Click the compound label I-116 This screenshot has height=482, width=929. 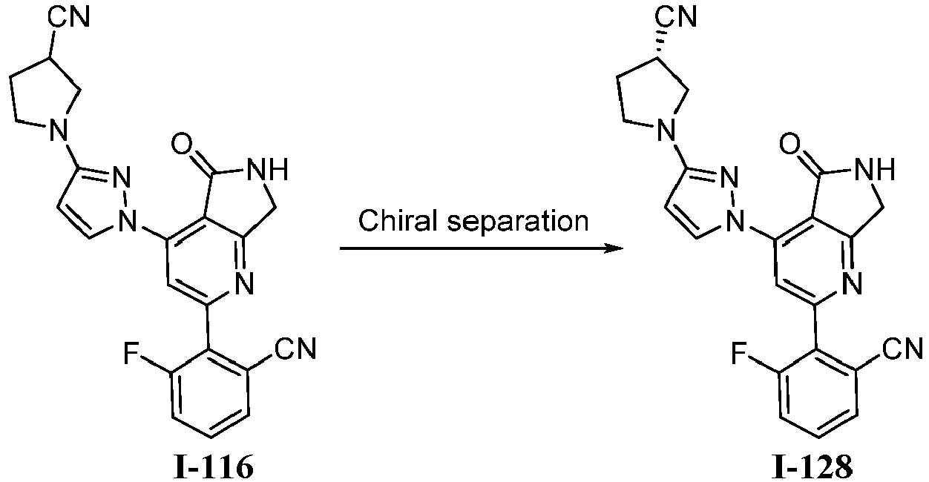tap(214, 468)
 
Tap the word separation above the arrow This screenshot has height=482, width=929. tap(518, 221)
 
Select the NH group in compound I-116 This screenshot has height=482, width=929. tap(268, 170)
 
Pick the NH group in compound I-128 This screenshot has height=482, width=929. tap(875, 170)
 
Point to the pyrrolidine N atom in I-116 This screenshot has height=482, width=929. tap(59, 130)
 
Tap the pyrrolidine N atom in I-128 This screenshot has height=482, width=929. tap(666, 130)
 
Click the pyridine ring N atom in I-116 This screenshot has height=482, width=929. tap(244, 284)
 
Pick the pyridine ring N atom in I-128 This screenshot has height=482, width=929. tap(852, 284)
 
